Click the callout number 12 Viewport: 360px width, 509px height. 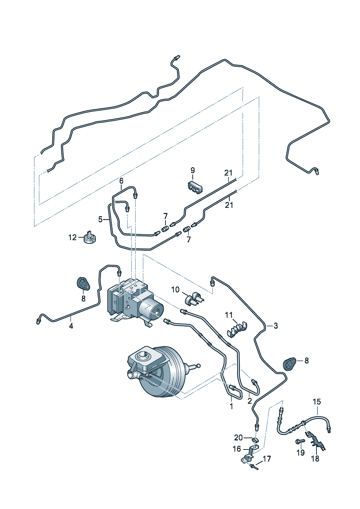[73, 238]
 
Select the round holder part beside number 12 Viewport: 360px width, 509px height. [89, 239]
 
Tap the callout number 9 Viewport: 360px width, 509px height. [193, 170]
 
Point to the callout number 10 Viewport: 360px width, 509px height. [175, 290]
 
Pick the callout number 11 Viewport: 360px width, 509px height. [229, 315]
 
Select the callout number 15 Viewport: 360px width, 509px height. [317, 402]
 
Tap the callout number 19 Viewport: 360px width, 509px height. [300, 453]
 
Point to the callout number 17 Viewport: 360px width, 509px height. [267, 459]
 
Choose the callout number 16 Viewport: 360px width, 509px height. [237, 449]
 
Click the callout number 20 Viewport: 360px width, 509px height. [238, 438]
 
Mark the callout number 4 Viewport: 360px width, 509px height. [71, 326]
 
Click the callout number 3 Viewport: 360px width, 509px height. [276, 326]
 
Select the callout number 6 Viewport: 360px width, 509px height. [121, 180]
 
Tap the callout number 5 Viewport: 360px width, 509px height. [101, 219]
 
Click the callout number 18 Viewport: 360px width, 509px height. [315, 459]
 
